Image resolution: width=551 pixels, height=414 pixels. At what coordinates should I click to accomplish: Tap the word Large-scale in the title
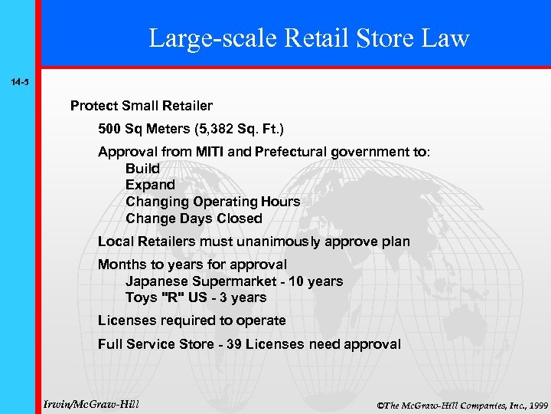[x=206, y=38]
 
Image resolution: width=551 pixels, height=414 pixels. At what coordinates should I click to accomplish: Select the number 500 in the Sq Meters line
[x=112, y=129]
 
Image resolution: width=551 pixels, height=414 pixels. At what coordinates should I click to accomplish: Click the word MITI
[x=206, y=152]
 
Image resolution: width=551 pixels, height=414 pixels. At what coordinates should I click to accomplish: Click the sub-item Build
[x=142, y=169]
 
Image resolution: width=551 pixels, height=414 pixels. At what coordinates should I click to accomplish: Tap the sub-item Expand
[x=150, y=185]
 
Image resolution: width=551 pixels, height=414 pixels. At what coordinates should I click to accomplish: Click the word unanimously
[x=286, y=242]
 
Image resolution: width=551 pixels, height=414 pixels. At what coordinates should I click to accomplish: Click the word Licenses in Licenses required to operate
[x=126, y=320]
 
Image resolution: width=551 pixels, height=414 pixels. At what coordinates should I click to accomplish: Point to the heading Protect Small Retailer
[x=142, y=105]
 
